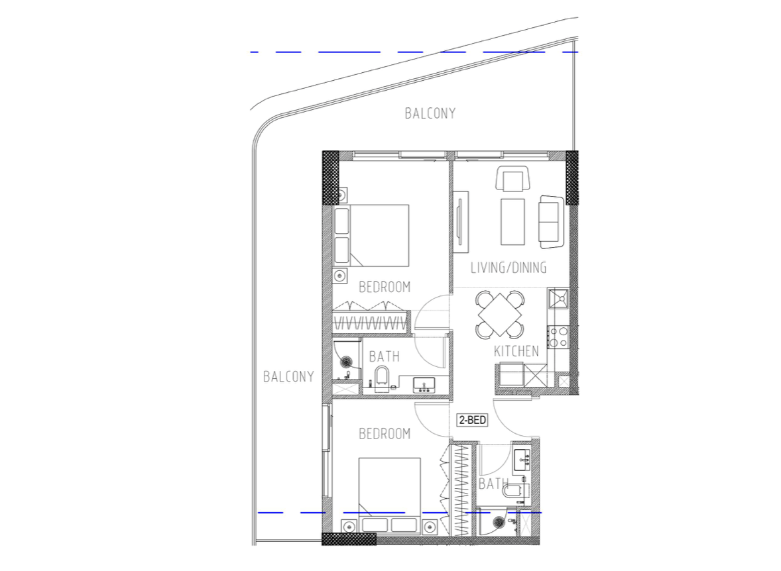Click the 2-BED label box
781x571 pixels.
click(x=473, y=419)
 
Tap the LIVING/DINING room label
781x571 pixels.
click(x=509, y=268)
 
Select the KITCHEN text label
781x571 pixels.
click(x=516, y=351)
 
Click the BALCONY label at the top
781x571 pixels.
click(x=430, y=113)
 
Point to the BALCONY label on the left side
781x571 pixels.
click(x=288, y=377)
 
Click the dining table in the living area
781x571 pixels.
click(x=500, y=314)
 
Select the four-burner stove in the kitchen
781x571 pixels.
click(x=558, y=337)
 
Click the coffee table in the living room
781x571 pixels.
click(x=512, y=221)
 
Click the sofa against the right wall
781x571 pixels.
click(x=551, y=221)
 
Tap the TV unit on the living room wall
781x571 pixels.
click(x=461, y=221)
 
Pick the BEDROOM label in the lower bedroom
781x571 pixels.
click(x=385, y=434)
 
